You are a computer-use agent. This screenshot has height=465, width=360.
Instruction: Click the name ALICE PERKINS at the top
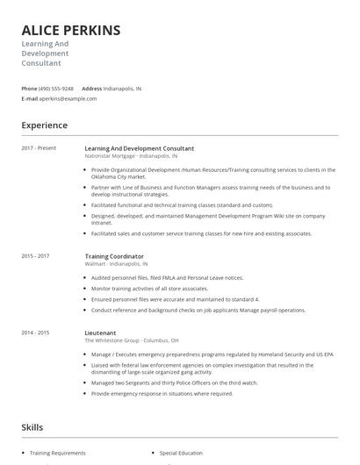71,31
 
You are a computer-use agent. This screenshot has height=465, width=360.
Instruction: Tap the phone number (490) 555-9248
56,89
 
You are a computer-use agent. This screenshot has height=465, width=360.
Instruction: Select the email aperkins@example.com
68,99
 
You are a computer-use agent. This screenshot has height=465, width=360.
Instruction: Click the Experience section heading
45,125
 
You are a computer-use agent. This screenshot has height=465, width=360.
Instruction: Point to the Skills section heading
32,427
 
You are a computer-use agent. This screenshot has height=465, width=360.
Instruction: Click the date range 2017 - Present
39,148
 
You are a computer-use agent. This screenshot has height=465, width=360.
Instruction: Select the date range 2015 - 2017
35,256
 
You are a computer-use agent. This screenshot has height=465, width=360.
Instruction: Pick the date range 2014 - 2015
35,333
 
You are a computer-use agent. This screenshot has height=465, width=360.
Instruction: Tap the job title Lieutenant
101,333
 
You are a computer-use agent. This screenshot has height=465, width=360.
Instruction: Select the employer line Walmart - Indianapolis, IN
116,263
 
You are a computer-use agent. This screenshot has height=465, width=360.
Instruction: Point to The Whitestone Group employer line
132,340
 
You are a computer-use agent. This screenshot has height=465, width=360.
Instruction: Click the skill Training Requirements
57,453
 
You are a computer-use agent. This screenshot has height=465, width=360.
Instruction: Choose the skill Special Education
181,453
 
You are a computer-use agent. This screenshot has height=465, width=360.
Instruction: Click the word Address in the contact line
91,89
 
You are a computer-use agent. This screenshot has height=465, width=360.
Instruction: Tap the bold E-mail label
30,99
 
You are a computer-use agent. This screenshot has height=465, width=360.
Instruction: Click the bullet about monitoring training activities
149,288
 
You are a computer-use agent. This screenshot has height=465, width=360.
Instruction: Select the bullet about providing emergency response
162,394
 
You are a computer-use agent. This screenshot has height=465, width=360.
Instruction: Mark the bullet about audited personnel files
167,277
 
